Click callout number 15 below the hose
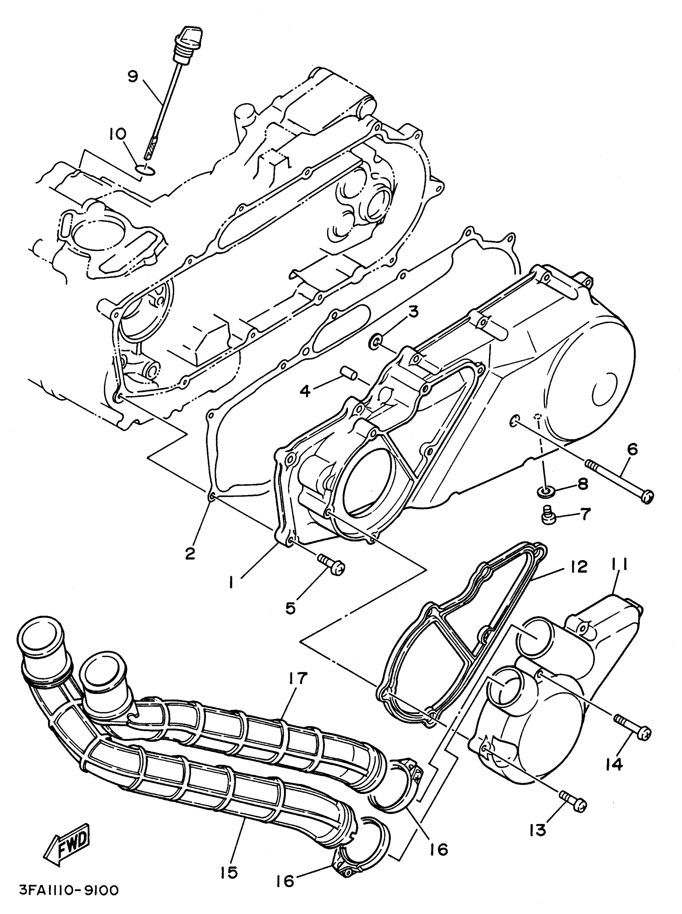pos(229,872)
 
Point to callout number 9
pos(132,77)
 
